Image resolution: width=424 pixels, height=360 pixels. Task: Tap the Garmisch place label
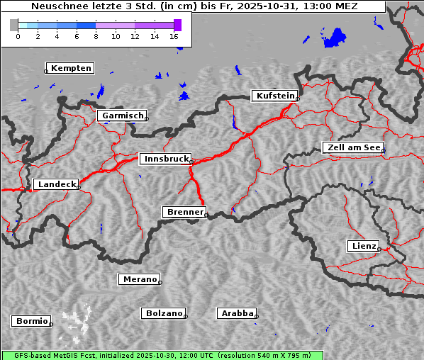coord(123,116)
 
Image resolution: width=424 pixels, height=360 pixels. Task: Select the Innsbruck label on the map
coord(165,159)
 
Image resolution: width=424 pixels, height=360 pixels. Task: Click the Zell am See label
coord(353,147)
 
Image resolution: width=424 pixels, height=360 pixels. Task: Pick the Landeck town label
coord(56,184)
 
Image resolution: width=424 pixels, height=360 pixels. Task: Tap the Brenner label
coord(184,212)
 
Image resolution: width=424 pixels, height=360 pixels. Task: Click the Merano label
coord(139,279)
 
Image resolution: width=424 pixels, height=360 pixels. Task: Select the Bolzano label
coord(164,313)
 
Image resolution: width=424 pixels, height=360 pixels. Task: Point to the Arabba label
coord(237,313)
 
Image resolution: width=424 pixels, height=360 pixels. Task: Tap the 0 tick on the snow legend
coord(18,35)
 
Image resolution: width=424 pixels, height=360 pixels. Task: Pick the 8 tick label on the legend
coord(96,35)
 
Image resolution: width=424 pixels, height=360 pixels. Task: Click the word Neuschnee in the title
coord(57,6)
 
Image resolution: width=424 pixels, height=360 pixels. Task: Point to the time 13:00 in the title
coord(316,6)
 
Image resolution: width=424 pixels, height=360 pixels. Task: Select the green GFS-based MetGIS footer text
coord(162,355)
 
